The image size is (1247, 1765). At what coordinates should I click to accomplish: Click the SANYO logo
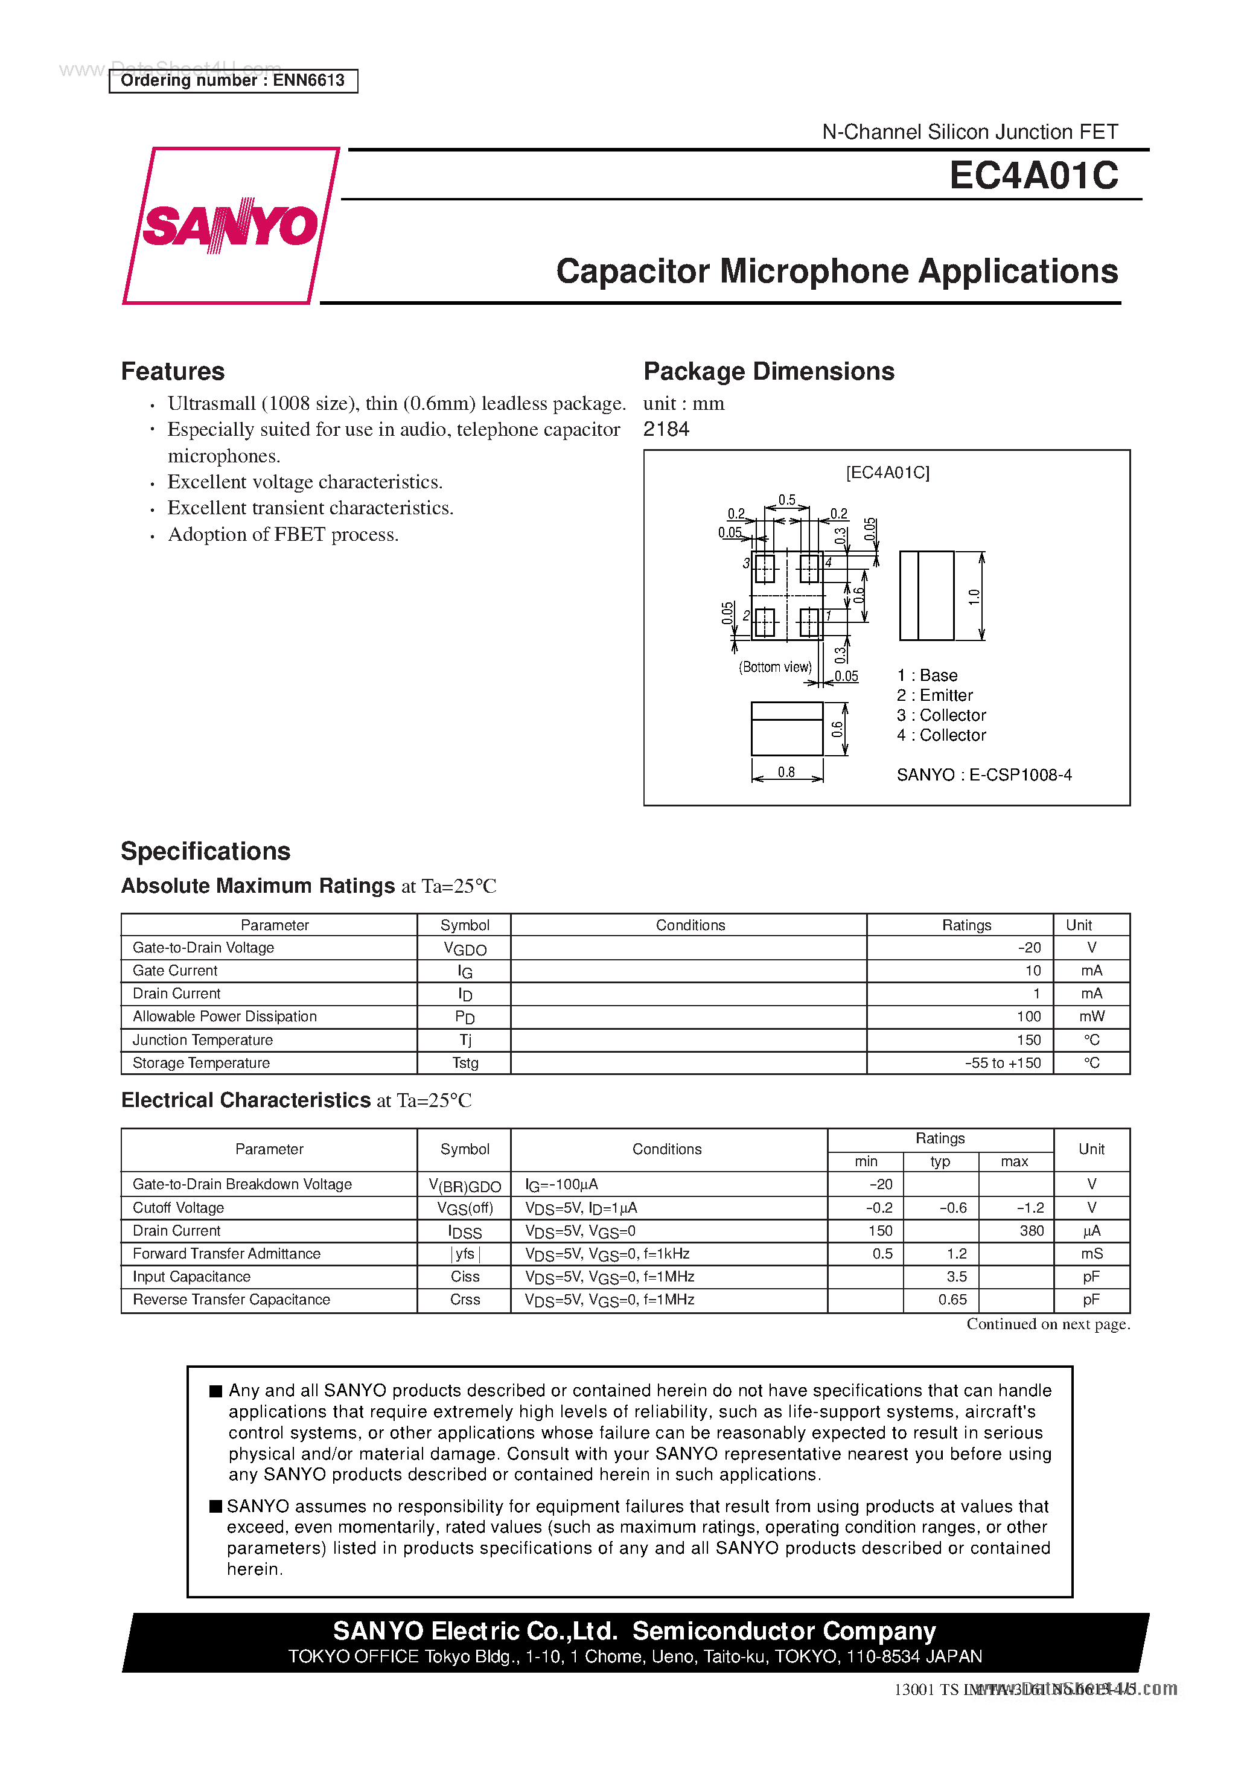coord(230,225)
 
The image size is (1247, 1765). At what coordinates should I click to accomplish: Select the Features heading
coord(173,371)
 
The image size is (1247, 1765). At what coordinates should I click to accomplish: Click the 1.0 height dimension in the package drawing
coord(974,596)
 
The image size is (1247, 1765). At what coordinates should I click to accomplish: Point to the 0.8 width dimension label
coord(786,772)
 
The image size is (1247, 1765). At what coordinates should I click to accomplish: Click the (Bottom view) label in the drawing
coord(775,666)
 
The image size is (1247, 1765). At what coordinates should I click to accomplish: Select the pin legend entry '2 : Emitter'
coord(934,695)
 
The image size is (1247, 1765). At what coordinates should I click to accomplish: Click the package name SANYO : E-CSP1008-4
coord(983,775)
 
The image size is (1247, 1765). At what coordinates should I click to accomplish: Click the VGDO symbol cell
coord(464,949)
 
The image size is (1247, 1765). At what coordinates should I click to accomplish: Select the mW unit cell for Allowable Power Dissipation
coord(1091,1017)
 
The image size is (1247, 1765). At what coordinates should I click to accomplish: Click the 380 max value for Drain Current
coord(1031,1231)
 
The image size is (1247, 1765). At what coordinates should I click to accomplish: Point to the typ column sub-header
coord(940,1161)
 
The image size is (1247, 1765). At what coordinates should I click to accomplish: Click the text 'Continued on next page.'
coord(1047,1324)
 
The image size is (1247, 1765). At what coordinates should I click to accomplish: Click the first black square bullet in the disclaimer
coord(216,1391)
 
